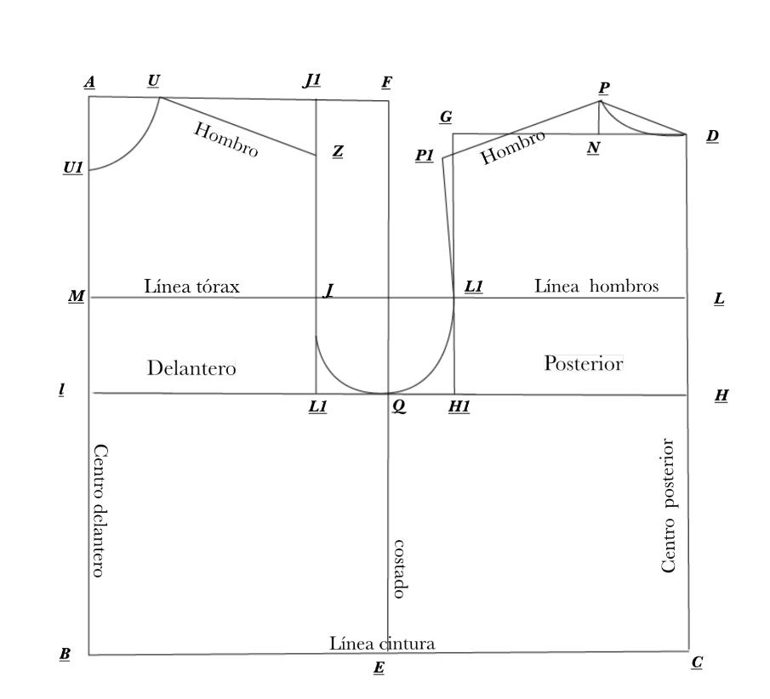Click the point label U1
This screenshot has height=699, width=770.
[x=72, y=168]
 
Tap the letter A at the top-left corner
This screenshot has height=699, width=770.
[x=89, y=82]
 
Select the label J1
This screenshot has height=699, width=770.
[x=312, y=81]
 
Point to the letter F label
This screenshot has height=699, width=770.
[x=386, y=82]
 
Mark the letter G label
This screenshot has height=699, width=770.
[x=445, y=116]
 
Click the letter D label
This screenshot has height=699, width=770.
[x=712, y=136]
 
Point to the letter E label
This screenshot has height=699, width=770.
[x=379, y=668]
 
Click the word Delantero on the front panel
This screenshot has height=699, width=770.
[x=191, y=369]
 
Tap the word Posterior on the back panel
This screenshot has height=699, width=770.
[x=584, y=363]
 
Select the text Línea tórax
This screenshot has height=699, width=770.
[x=192, y=287]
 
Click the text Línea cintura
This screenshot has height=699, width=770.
[x=382, y=644]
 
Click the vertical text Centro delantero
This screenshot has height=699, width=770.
[x=99, y=510]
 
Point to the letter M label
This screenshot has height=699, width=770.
[x=76, y=297]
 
